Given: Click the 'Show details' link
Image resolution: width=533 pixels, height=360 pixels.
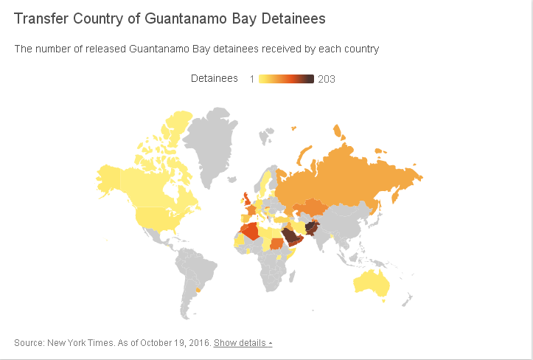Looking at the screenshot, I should pos(243,343).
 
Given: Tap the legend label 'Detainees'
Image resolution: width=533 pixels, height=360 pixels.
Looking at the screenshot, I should pos(214,78).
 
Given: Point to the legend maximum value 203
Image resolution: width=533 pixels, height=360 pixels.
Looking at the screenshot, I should pos(327,79).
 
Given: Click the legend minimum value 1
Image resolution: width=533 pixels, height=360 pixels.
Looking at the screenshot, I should pos(252,79).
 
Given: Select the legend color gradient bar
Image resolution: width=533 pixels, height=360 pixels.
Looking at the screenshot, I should pos(286,79).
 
